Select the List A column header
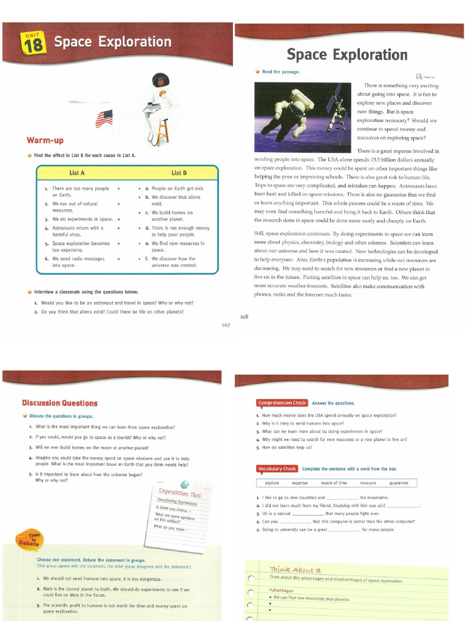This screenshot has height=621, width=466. (x=77, y=173)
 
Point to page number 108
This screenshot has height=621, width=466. (x=244, y=316)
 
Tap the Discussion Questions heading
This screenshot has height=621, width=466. (x=59, y=403)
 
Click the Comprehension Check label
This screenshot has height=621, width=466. (x=282, y=403)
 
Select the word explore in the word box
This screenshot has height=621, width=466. (x=272, y=483)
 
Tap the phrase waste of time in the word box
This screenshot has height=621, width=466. (x=334, y=483)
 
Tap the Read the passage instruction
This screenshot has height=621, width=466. (x=280, y=72)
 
